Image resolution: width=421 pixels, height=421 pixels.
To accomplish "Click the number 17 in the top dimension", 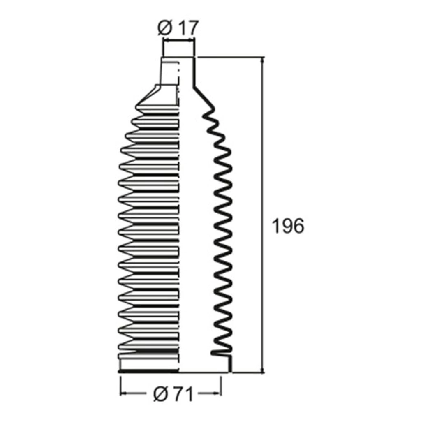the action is coord(188,28).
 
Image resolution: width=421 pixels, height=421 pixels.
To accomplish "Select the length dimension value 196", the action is coord(288,226).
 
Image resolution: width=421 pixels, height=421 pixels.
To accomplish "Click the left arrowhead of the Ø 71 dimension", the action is coord(123,394).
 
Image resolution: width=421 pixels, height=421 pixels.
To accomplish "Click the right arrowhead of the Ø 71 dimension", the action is coord(218,394).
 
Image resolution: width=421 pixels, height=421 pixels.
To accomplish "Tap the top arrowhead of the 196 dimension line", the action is coord(263,60).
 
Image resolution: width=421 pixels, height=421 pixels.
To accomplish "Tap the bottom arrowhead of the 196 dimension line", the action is coord(263,370).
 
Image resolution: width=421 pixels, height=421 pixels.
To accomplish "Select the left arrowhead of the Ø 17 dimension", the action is coord(165,41).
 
